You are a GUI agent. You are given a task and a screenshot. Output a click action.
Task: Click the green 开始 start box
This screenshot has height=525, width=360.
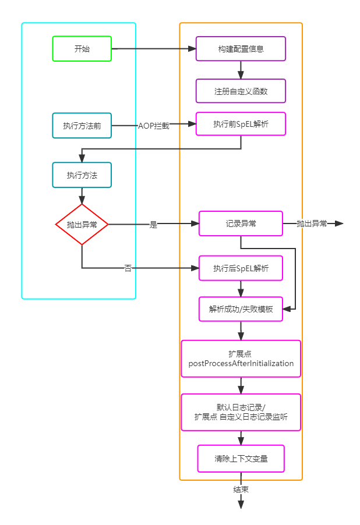tap(82, 49)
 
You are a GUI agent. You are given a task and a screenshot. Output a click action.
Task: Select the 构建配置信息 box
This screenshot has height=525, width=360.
tap(241, 49)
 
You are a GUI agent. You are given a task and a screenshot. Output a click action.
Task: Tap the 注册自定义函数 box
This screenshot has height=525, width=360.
tap(241, 91)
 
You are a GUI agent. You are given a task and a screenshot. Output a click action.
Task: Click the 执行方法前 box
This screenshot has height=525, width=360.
tap(82, 125)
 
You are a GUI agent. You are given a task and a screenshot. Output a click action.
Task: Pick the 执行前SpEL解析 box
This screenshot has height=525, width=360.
tap(241, 124)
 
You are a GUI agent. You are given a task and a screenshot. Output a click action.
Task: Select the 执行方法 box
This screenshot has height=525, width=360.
tap(82, 175)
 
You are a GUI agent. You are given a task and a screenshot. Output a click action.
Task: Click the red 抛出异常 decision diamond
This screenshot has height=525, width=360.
tap(82, 224)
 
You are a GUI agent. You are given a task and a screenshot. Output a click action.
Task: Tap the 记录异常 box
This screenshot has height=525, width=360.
tap(241, 224)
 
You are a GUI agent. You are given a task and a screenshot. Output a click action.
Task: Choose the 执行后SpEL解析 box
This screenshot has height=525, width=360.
tap(241, 268)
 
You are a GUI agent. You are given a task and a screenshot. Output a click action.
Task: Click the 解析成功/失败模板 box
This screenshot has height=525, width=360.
tap(241, 309)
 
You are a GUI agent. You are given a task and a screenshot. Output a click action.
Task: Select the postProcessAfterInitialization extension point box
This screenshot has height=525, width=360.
tap(241, 359)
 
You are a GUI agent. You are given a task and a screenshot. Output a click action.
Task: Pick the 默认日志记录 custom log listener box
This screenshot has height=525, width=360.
tap(241, 412)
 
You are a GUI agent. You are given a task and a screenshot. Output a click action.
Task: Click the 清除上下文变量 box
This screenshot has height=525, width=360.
tap(241, 459)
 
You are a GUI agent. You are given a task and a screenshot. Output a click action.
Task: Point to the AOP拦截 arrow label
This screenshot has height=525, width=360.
tap(153, 126)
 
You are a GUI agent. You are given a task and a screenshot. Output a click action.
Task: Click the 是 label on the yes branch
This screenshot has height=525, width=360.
tap(153, 225)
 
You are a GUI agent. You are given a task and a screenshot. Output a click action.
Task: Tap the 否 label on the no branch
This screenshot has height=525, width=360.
tap(128, 268)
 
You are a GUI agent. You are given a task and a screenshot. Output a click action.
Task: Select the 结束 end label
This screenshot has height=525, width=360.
tap(241, 489)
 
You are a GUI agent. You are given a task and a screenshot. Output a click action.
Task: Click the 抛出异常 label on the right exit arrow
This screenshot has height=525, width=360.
tap(312, 224)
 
